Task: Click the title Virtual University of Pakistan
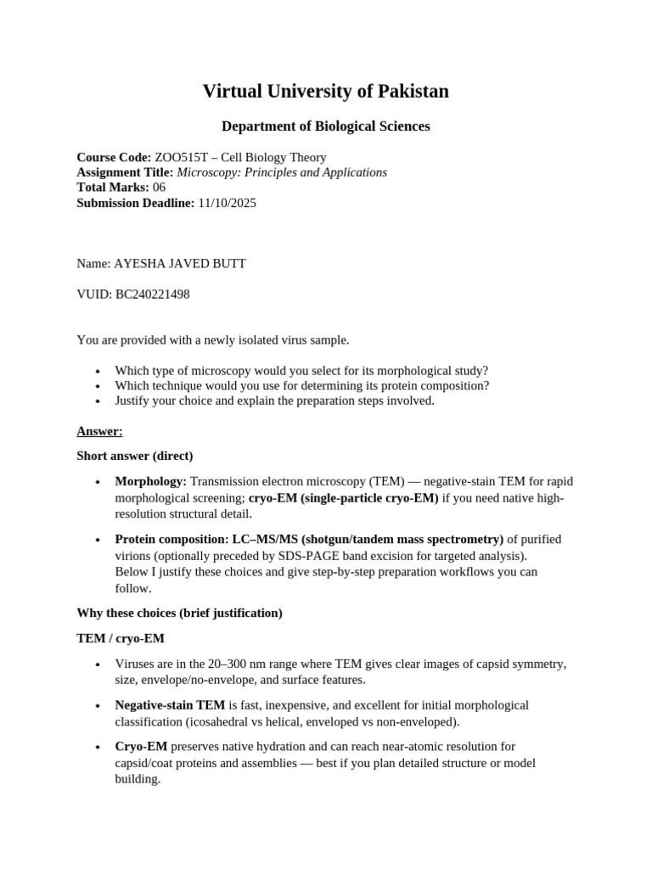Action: (325, 92)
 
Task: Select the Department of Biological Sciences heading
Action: (325, 126)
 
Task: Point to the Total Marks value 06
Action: (159, 188)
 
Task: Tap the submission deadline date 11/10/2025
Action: (227, 203)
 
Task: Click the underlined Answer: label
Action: (99, 431)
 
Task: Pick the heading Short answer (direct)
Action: (134, 456)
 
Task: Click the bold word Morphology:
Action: (150, 481)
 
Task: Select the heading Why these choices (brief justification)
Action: (179, 613)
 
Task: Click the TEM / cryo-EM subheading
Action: (121, 637)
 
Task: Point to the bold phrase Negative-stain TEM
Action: (170, 704)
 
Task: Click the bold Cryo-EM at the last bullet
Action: (141, 746)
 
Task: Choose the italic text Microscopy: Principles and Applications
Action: (281, 172)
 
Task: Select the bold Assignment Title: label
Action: (124, 172)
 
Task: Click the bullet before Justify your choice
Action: (98, 401)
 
